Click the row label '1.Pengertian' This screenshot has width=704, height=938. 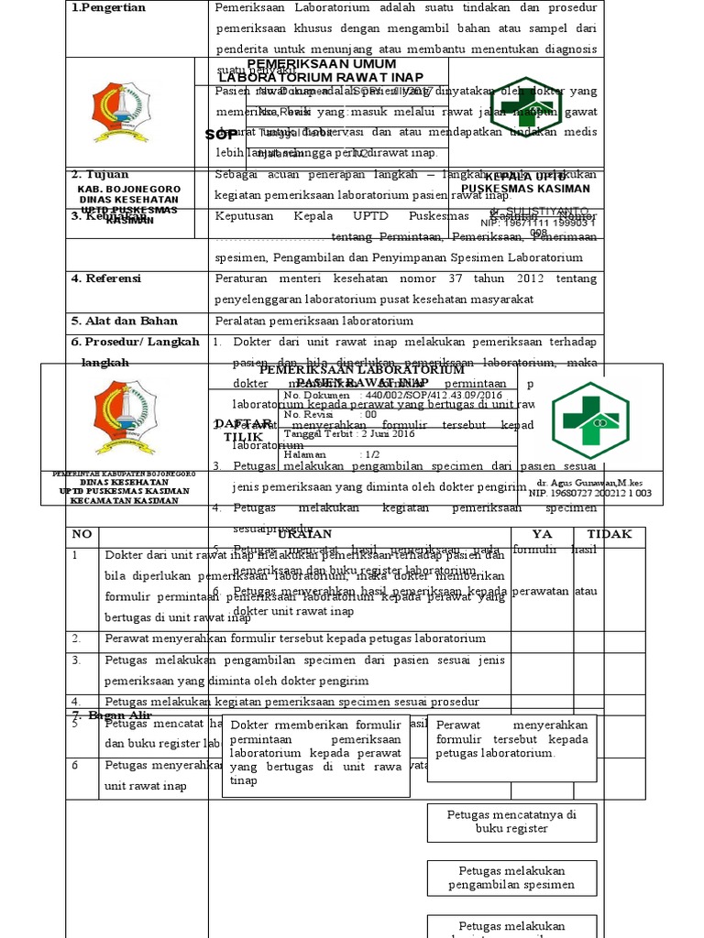tap(108, 8)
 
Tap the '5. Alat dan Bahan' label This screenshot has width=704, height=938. tap(124, 322)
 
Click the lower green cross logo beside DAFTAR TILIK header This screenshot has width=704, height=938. tap(589, 420)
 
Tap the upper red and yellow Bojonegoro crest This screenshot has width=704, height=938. tap(120, 114)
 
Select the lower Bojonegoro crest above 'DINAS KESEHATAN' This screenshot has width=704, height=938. tap(126, 418)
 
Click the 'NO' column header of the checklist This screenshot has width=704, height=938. tap(82, 534)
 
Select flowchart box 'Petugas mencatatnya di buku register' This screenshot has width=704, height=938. tap(511, 822)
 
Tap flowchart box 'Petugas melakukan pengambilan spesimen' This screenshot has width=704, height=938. tap(511, 878)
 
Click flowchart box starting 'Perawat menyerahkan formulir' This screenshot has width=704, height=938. tap(511, 738)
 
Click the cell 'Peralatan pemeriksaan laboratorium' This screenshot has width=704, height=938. tap(313, 322)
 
